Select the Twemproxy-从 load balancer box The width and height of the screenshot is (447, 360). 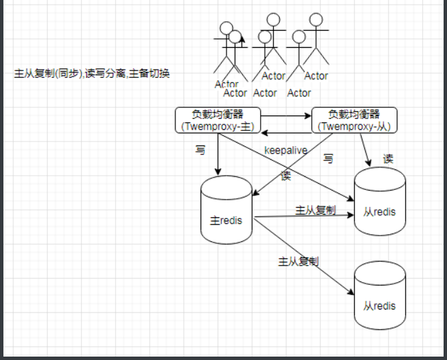click(354, 120)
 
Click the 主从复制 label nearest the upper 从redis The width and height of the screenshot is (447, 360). click(315, 210)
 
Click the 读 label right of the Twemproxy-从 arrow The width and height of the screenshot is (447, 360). click(388, 158)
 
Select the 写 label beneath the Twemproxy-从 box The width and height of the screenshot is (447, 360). click(328, 158)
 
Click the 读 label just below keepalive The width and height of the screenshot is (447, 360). click(285, 175)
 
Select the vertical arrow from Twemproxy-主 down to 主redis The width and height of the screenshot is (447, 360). click(217, 154)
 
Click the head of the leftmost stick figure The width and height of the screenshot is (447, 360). click(226, 29)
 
